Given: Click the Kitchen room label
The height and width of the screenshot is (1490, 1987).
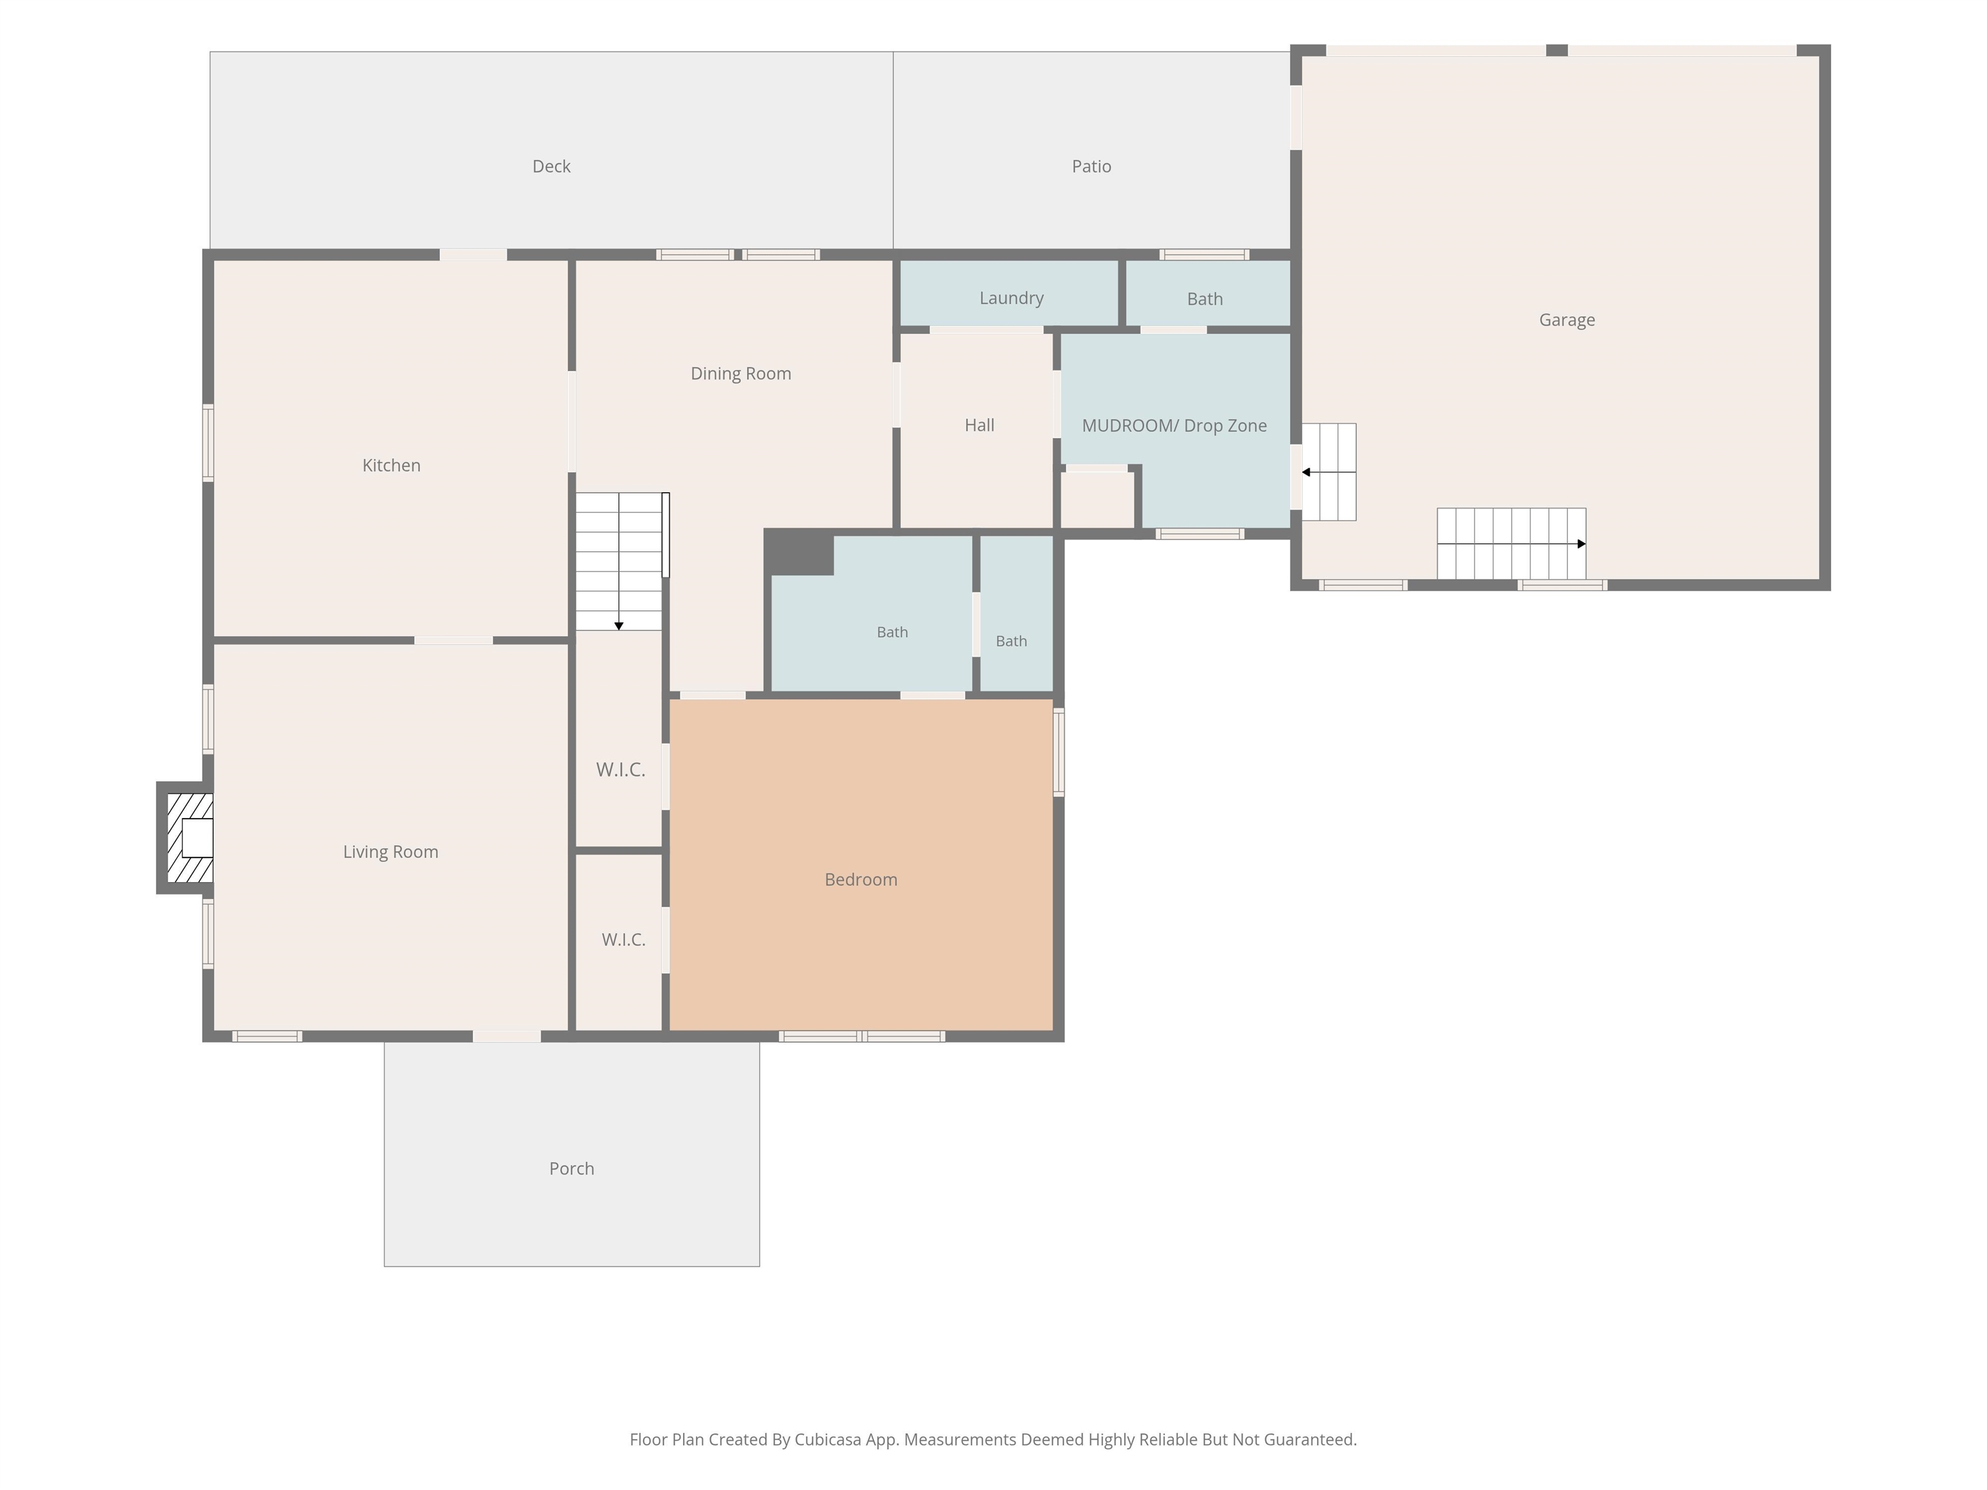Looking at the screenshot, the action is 391,465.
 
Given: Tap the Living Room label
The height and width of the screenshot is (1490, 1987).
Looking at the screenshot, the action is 391,852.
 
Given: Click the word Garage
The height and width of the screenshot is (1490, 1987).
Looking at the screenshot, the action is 1567,319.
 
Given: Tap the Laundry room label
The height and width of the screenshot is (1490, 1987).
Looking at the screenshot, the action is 1012,298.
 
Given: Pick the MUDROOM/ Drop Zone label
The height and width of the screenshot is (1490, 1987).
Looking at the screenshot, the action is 1174,426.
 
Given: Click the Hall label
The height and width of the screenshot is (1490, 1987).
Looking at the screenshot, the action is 979,425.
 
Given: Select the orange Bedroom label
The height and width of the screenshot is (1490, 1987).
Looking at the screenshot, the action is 860,880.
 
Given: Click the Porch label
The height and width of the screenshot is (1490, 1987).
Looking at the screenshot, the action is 571,1169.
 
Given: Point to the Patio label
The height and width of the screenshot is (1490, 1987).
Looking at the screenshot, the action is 1091,166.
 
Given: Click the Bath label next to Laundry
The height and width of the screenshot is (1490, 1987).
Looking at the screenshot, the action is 1204,299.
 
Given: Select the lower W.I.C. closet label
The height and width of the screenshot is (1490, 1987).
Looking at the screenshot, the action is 624,940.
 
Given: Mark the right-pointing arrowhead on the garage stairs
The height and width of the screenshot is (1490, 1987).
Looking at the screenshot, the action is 1582,543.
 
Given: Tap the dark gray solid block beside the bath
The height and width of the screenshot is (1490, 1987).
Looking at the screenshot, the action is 799,552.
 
